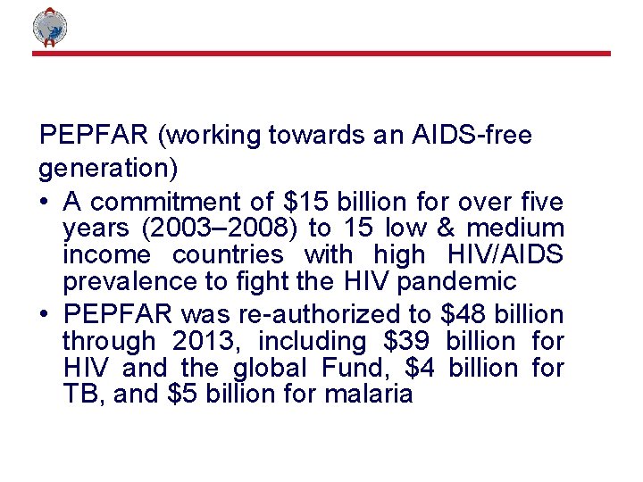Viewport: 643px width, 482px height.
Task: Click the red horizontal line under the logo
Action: [321, 54]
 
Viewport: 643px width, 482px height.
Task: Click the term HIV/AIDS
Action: [504, 254]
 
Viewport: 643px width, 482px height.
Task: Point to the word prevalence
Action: [125, 282]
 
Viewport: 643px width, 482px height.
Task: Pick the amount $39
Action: [406, 341]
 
